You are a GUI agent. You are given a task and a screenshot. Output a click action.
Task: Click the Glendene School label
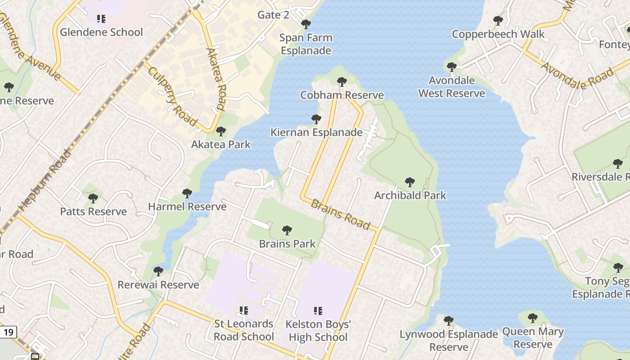coord(101,32)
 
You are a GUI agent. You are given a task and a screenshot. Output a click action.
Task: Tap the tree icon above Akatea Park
coord(220,131)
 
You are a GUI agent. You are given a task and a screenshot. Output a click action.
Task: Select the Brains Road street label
coord(341,214)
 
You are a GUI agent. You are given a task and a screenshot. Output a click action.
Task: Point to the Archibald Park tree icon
coord(409,182)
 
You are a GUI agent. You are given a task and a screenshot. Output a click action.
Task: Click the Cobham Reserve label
coord(342,95)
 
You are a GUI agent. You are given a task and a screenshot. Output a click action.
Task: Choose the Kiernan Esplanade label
coord(316,132)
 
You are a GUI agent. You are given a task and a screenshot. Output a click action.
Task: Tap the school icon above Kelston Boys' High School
coord(318,310)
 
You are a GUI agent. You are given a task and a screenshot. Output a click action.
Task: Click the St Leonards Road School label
coord(243,330)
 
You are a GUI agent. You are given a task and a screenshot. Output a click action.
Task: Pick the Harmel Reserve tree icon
coord(187,193)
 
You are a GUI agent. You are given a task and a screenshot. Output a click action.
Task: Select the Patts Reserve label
coord(94,211)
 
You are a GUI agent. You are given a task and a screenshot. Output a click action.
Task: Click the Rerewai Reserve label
coord(158,285)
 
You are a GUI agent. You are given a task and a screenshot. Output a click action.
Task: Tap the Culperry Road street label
coord(172,96)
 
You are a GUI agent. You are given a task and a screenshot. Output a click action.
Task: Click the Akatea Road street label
coord(216,79)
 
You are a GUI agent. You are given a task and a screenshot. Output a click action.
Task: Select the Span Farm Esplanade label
coord(306,44)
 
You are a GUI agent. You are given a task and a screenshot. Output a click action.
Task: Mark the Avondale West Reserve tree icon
coord(452,67)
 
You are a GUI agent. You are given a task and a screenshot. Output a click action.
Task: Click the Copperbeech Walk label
coord(498,34)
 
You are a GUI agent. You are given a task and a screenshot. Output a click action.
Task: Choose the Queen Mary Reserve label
coord(533,338)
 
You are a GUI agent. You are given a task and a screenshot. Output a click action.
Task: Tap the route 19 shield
coord(8,333)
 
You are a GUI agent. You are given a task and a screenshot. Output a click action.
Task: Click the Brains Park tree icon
coord(287,230)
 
